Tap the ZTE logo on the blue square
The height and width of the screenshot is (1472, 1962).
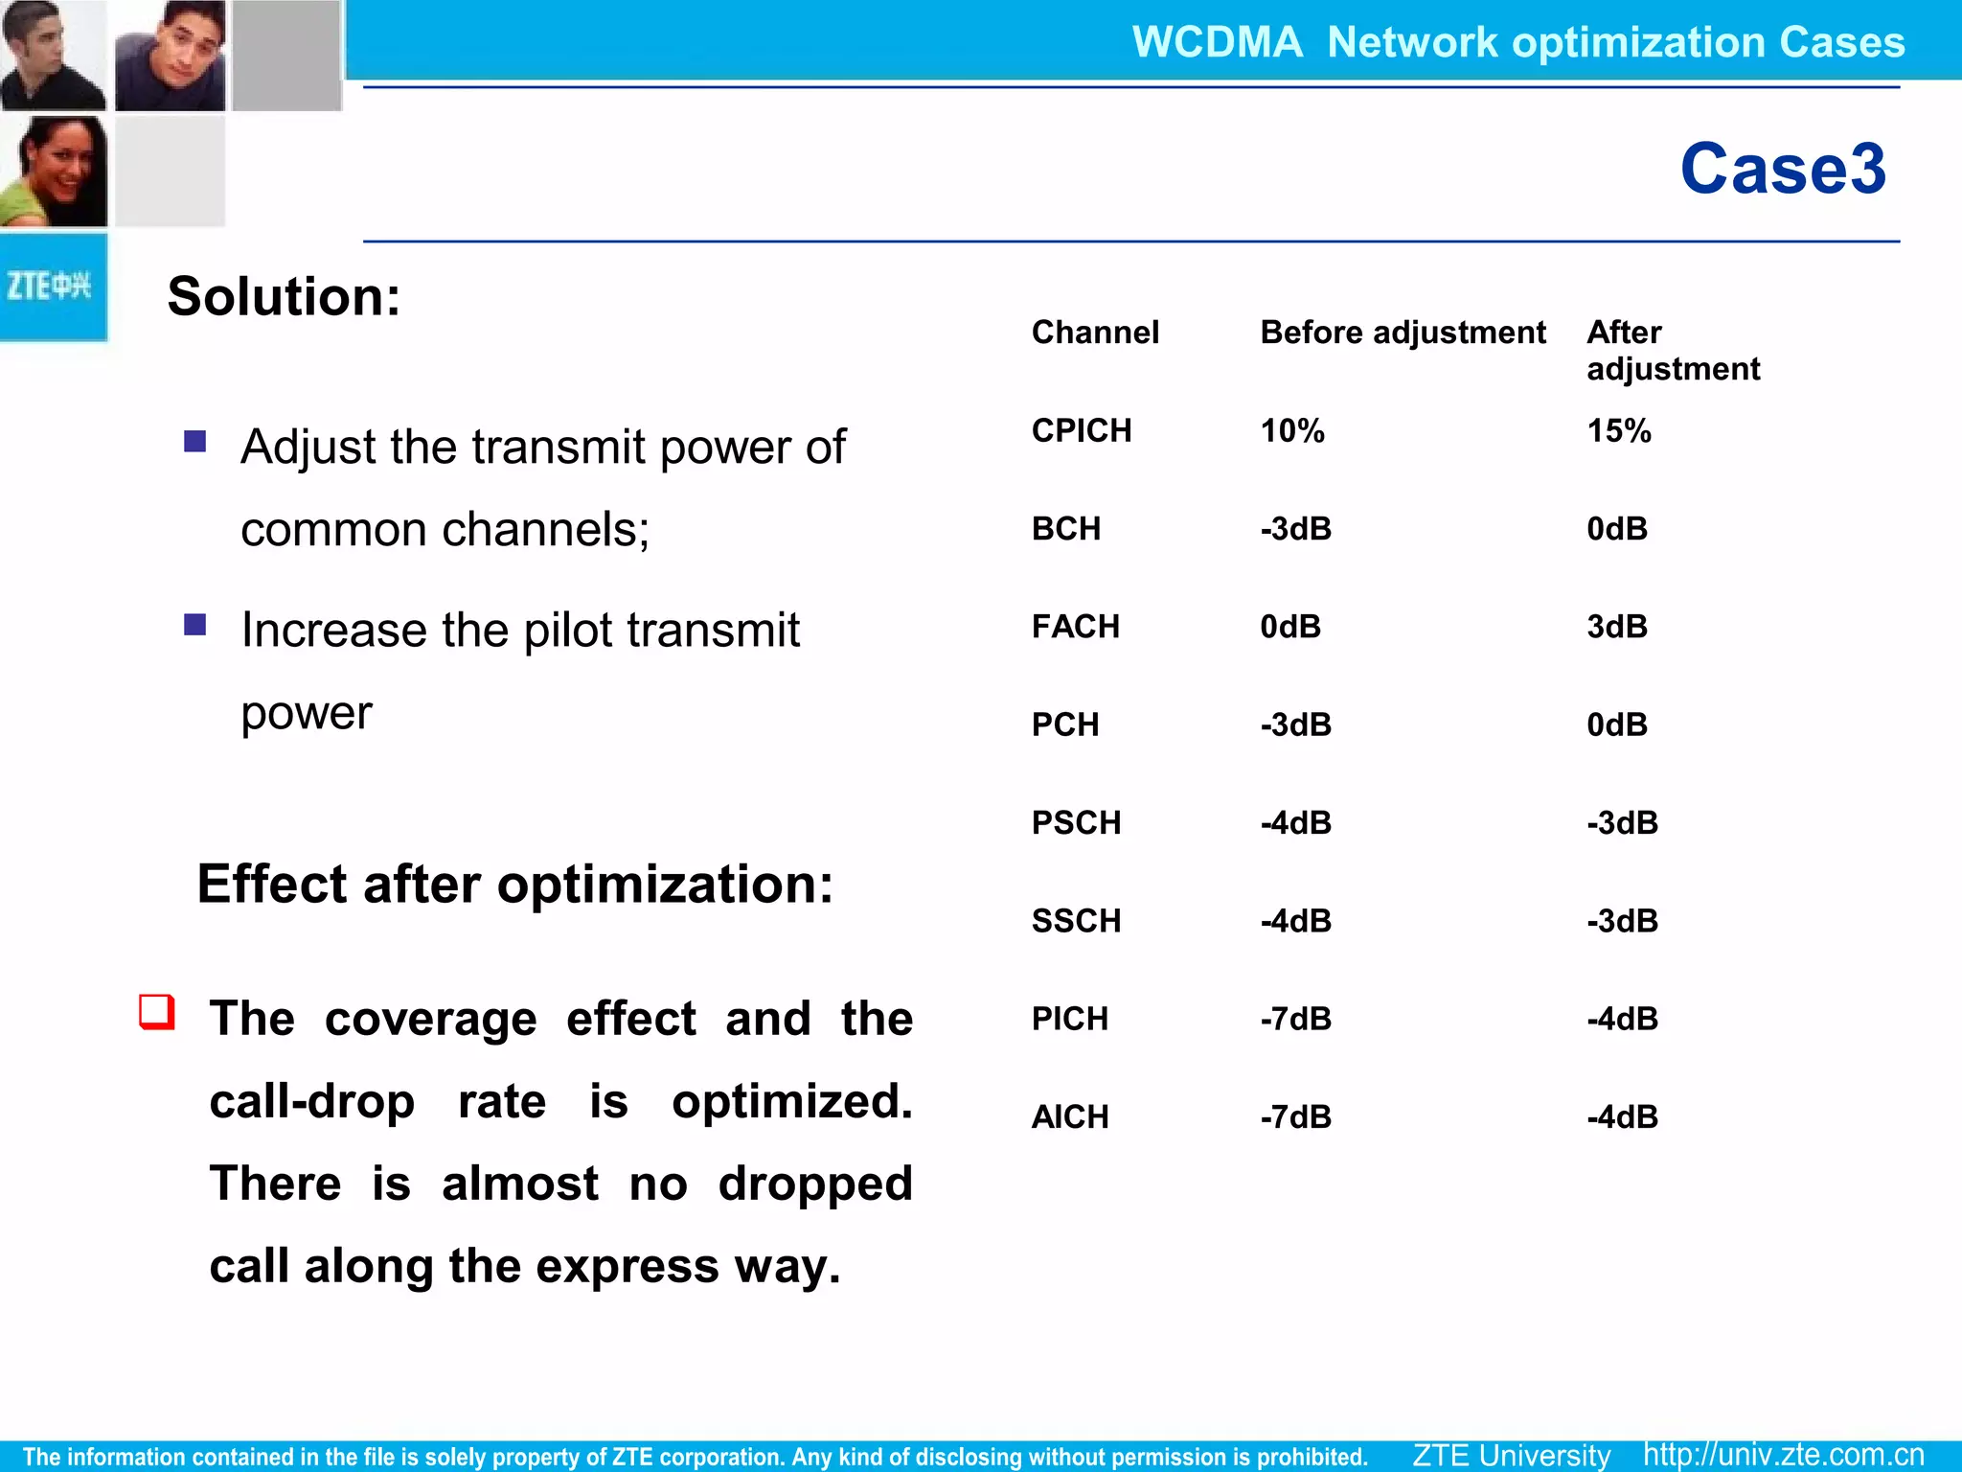[50, 286]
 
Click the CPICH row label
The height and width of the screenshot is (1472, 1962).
[1081, 431]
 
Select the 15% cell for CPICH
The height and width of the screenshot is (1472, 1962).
[1618, 431]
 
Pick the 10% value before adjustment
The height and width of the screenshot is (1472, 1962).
[1291, 431]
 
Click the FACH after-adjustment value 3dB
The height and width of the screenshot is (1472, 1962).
[1616, 627]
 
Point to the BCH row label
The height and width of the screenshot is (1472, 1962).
[1065, 529]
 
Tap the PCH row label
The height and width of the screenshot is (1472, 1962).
[1064, 724]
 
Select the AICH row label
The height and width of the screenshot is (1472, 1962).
[1069, 1117]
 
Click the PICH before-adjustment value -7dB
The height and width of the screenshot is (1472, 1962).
[1295, 1019]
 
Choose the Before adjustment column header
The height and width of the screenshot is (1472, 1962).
[1402, 333]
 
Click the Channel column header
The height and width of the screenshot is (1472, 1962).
[1094, 333]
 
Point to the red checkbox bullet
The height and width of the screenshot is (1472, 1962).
[157, 1012]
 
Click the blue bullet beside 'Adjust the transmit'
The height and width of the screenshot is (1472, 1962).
[195, 441]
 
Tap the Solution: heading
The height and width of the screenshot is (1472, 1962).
[284, 296]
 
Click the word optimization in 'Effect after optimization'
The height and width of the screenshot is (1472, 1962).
[665, 884]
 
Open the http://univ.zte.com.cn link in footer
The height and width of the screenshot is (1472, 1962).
[1783, 1455]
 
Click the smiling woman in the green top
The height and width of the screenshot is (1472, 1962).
[54, 172]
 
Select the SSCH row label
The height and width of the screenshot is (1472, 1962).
[1075, 921]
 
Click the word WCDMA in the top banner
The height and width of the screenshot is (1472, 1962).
[1217, 42]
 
